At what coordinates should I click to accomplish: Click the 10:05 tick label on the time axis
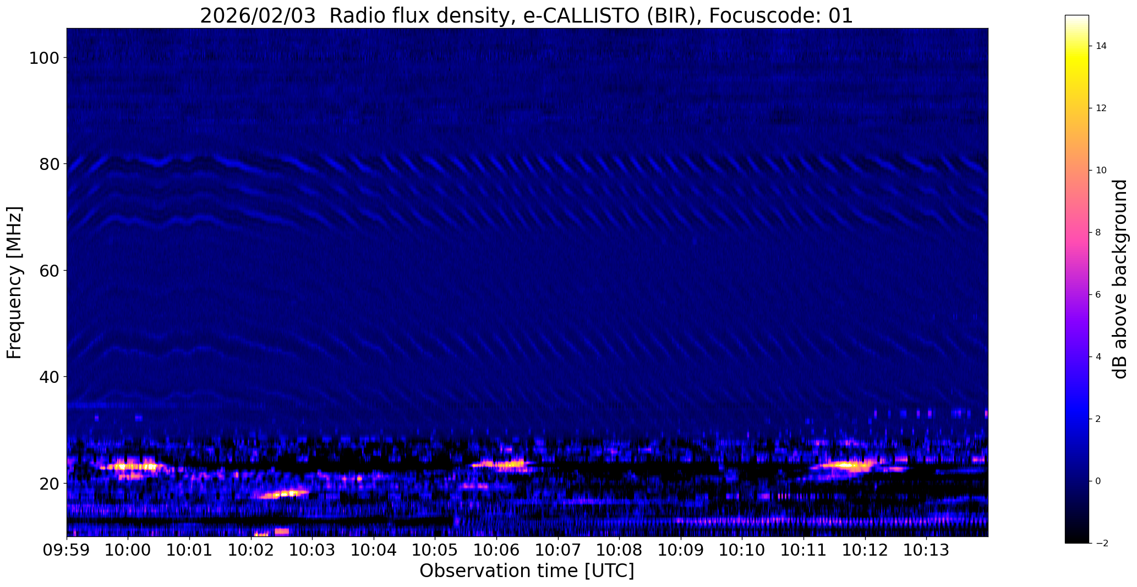tap(434, 550)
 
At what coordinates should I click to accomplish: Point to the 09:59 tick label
tap(67, 550)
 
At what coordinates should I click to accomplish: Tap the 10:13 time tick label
tap(926, 550)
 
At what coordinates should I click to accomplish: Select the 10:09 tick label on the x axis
tap(680, 550)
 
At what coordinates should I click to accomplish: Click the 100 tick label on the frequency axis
tap(41, 58)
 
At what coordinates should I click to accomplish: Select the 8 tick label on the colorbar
tap(1098, 232)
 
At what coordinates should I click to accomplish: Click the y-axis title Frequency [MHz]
tap(14, 282)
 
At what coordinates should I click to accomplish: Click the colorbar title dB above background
tap(1120, 279)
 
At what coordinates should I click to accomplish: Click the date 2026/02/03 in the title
tap(258, 16)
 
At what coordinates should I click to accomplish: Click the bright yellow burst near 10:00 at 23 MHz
tap(132, 467)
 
